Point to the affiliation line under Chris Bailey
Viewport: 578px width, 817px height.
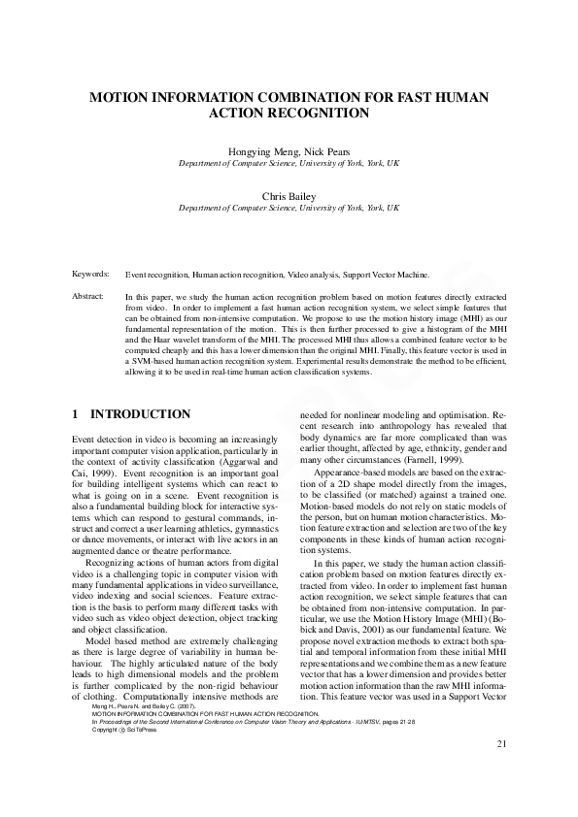[x=289, y=208]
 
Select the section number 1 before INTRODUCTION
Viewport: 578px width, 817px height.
[x=76, y=414]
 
